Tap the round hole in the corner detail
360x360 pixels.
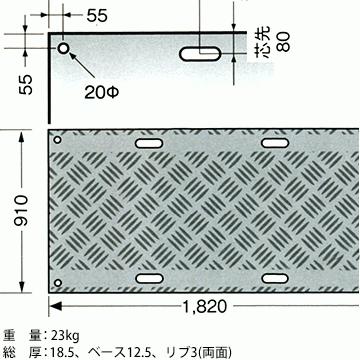pos(63,49)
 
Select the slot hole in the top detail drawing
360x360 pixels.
pos(203,52)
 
